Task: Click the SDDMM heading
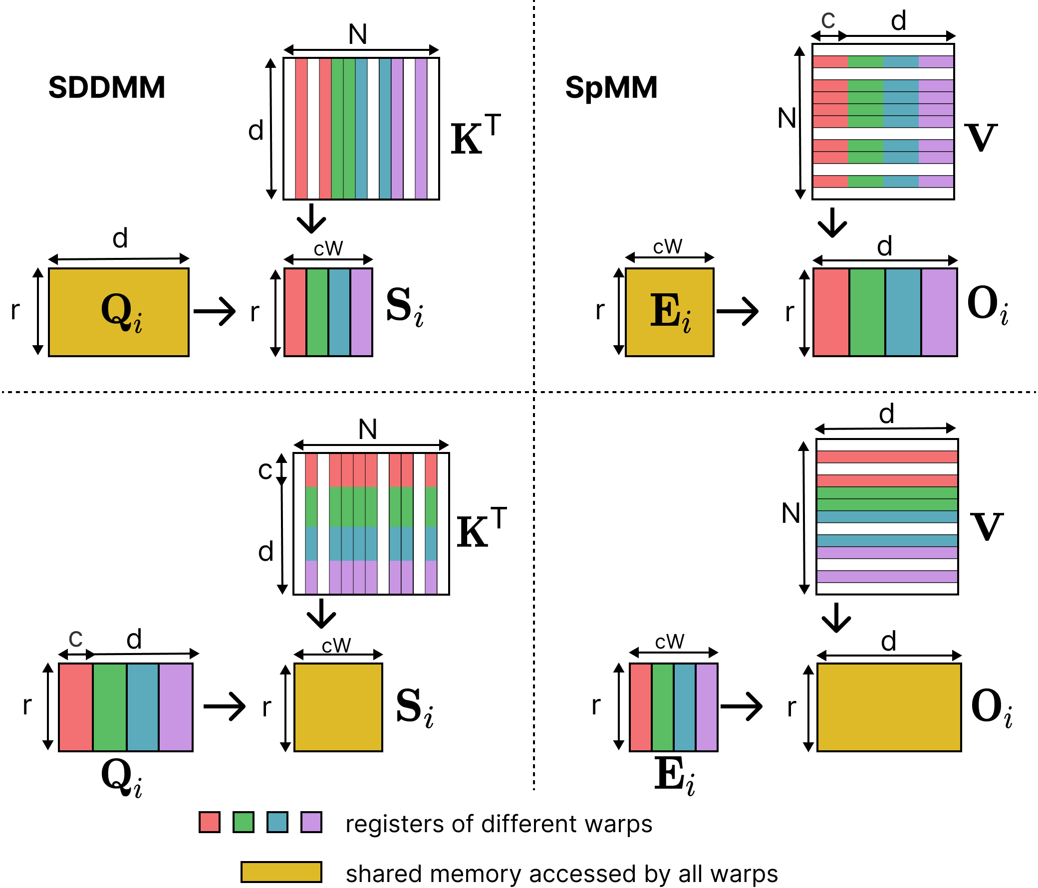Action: point(106,88)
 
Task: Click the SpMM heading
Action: point(611,88)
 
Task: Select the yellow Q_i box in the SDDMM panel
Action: point(119,312)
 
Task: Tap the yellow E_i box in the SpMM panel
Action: point(669,312)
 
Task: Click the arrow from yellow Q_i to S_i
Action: point(215,311)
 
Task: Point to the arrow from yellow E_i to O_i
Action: point(738,311)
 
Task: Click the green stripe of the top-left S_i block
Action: point(317,312)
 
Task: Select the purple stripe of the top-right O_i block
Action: point(939,312)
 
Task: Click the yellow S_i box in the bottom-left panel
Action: point(338,707)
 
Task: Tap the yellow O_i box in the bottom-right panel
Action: point(889,707)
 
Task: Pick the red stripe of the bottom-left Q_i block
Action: point(76,707)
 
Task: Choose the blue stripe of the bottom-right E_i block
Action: point(684,707)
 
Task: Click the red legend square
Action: point(210,822)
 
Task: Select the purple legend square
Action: point(311,822)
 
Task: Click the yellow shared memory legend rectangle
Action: point(281,872)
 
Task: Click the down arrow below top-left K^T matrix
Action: point(311,219)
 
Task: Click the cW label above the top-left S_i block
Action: point(328,248)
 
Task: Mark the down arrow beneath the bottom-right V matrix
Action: point(836,618)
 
